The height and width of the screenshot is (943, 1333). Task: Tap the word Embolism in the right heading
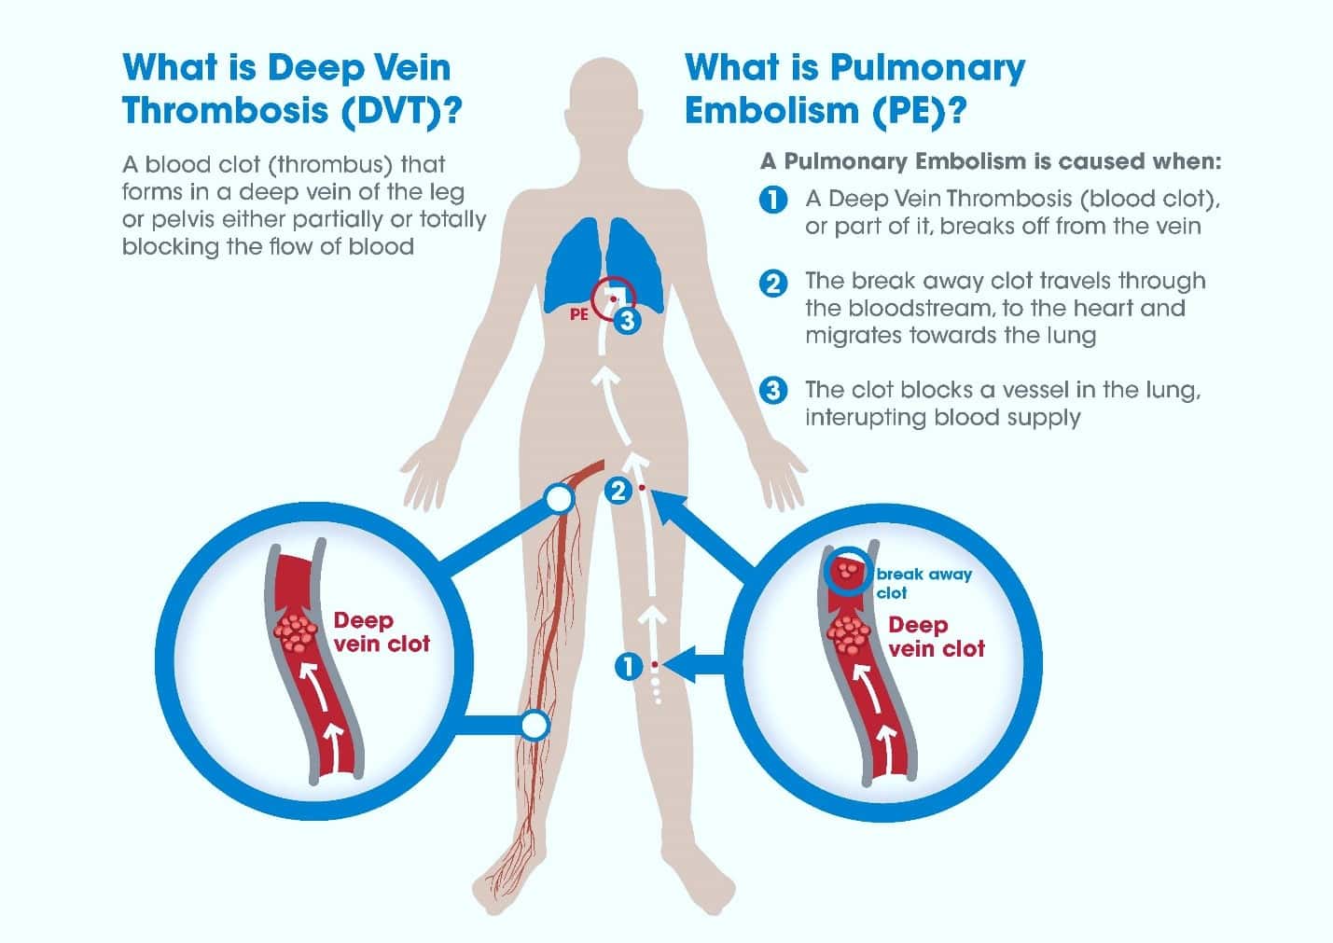(772, 110)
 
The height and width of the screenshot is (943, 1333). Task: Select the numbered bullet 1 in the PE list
(773, 200)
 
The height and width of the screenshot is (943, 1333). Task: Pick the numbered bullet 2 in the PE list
(773, 284)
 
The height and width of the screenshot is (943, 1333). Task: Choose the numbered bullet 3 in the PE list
(773, 391)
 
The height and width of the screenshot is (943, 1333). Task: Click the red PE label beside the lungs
(579, 314)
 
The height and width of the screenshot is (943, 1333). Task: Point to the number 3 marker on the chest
(627, 321)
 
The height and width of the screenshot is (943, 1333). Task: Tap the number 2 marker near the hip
(618, 491)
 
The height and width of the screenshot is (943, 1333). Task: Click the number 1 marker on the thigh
(629, 666)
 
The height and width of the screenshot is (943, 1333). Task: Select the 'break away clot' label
(923, 583)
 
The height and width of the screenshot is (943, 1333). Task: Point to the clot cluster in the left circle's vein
(295, 632)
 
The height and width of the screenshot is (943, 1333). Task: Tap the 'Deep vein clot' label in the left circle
(382, 631)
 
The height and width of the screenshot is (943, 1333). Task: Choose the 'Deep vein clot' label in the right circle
(937, 637)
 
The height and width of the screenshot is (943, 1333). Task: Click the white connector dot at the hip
(559, 499)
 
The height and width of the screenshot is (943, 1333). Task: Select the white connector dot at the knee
(535, 726)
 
